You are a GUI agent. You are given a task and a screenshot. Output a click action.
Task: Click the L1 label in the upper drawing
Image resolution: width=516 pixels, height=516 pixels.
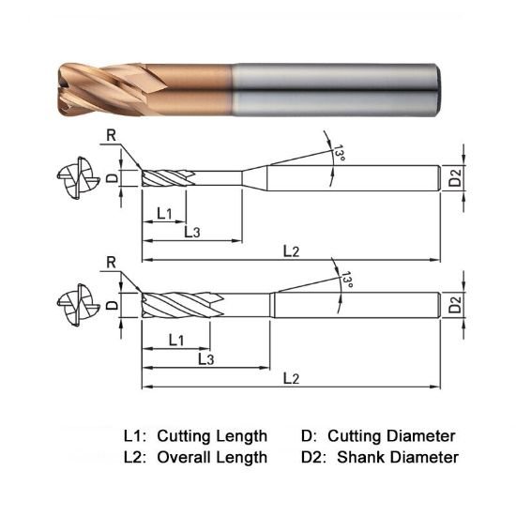pos(163,213)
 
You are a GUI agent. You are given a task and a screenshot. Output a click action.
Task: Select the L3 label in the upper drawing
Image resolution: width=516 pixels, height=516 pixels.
pos(191,232)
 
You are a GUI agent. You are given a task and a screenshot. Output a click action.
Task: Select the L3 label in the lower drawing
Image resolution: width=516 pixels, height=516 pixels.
pos(205,358)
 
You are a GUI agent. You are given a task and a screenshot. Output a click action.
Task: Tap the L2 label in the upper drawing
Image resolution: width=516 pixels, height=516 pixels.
pos(291,250)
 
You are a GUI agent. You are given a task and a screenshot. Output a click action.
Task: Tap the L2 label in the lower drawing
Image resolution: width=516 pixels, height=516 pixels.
pos(291,377)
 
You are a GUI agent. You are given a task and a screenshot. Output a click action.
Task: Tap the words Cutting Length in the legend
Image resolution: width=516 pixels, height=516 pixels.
pos(212,436)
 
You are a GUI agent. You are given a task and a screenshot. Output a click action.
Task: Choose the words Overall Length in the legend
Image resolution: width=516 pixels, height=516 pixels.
pos(212,458)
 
